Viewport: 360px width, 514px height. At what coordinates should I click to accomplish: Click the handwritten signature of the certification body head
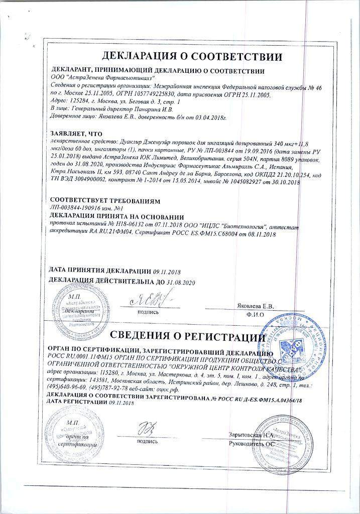pos(149,430)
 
